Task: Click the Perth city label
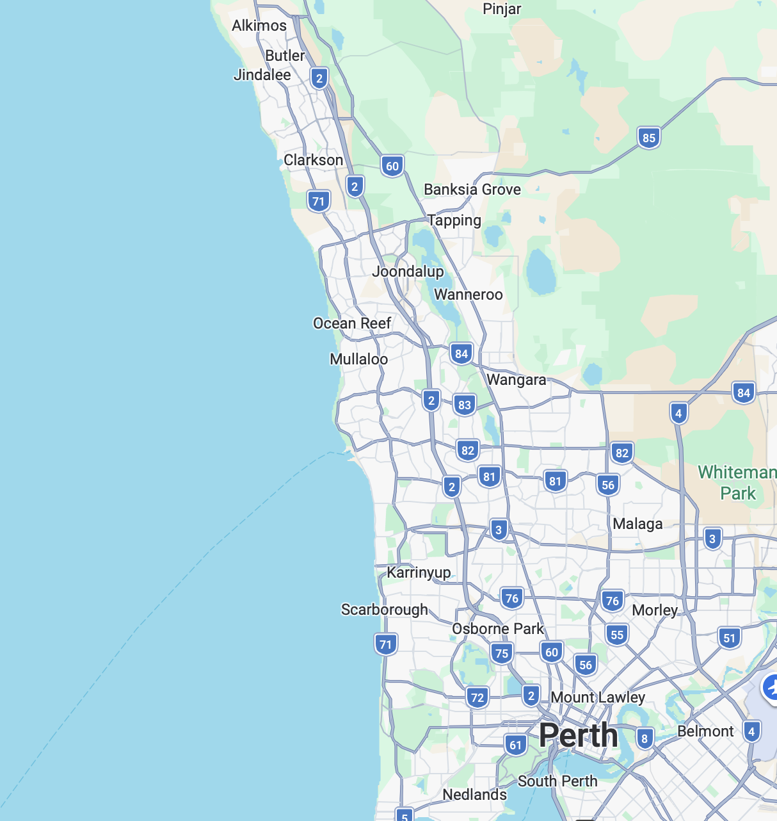tap(578, 735)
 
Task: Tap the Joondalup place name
tap(408, 272)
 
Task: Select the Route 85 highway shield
tap(648, 138)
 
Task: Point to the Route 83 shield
tap(465, 405)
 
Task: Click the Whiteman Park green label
tap(737, 483)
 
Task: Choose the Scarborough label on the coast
tap(384, 610)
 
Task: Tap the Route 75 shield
tap(502, 654)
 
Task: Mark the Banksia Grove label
tap(472, 190)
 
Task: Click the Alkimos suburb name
tap(259, 26)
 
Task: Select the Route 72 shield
tap(477, 697)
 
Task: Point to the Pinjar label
tap(502, 9)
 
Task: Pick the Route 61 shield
tap(516, 745)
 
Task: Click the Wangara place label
tap(516, 380)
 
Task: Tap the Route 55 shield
tap(616, 635)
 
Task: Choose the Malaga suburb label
tap(637, 524)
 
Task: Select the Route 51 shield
tap(730, 638)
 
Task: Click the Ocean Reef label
tap(352, 323)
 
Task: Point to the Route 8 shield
tap(645, 738)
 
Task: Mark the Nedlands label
tap(474, 795)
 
